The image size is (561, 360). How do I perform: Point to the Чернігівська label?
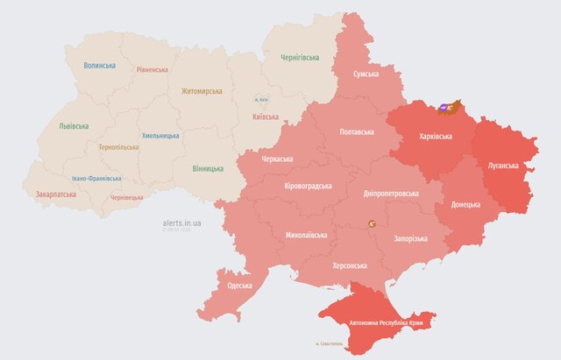[x=300, y=58]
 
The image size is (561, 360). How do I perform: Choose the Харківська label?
[x=436, y=137]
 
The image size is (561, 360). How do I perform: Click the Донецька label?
[x=465, y=204]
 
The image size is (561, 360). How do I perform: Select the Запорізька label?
[x=410, y=238]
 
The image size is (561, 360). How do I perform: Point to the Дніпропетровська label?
[x=390, y=194]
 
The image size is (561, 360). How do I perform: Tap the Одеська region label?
[x=239, y=286]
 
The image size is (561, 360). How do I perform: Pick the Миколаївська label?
[x=307, y=236]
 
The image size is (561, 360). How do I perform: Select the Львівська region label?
[x=73, y=126]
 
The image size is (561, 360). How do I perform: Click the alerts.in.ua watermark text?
[x=182, y=224]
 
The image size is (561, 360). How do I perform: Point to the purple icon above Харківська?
[x=444, y=106]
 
